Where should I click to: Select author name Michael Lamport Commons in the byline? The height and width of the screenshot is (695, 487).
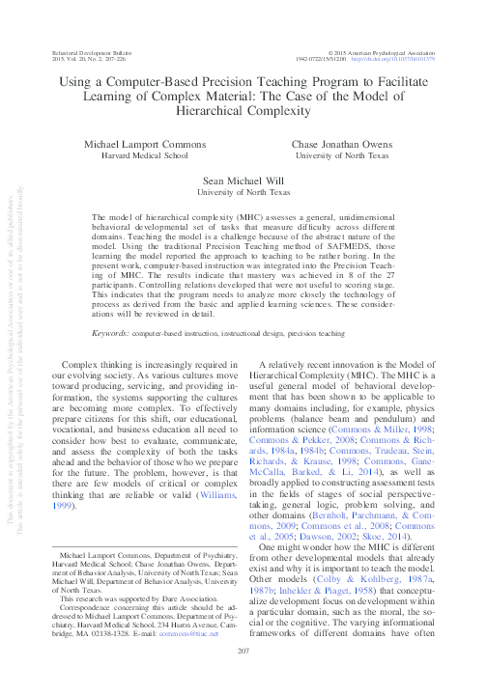(x=144, y=144)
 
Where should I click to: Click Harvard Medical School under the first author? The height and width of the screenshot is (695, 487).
(x=144, y=155)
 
